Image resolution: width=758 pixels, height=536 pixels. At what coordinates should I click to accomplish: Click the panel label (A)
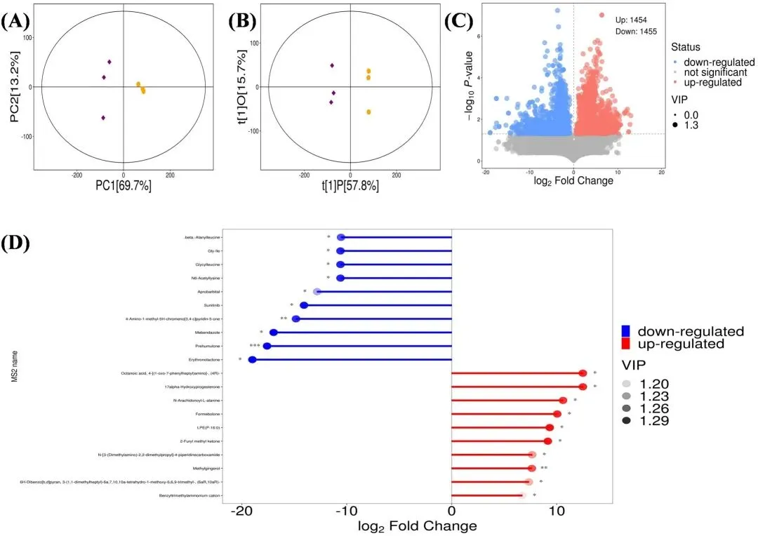[x=15, y=21]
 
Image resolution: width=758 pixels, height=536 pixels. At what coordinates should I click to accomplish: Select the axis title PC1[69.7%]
[x=124, y=187]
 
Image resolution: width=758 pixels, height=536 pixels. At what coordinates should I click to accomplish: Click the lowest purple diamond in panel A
[x=103, y=118]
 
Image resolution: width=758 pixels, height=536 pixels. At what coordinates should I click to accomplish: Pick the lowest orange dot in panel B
[x=368, y=112]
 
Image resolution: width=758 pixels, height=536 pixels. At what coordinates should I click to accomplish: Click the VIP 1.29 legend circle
[x=628, y=421]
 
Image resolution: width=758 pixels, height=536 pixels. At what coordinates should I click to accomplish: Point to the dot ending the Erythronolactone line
[x=253, y=360]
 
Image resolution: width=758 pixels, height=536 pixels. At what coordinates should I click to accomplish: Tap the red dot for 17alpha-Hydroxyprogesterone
[x=583, y=387]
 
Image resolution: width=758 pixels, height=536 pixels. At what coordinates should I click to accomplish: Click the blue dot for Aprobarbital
[x=317, y=291]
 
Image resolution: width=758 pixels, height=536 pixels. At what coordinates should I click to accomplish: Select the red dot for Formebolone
[x=557, y=414]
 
